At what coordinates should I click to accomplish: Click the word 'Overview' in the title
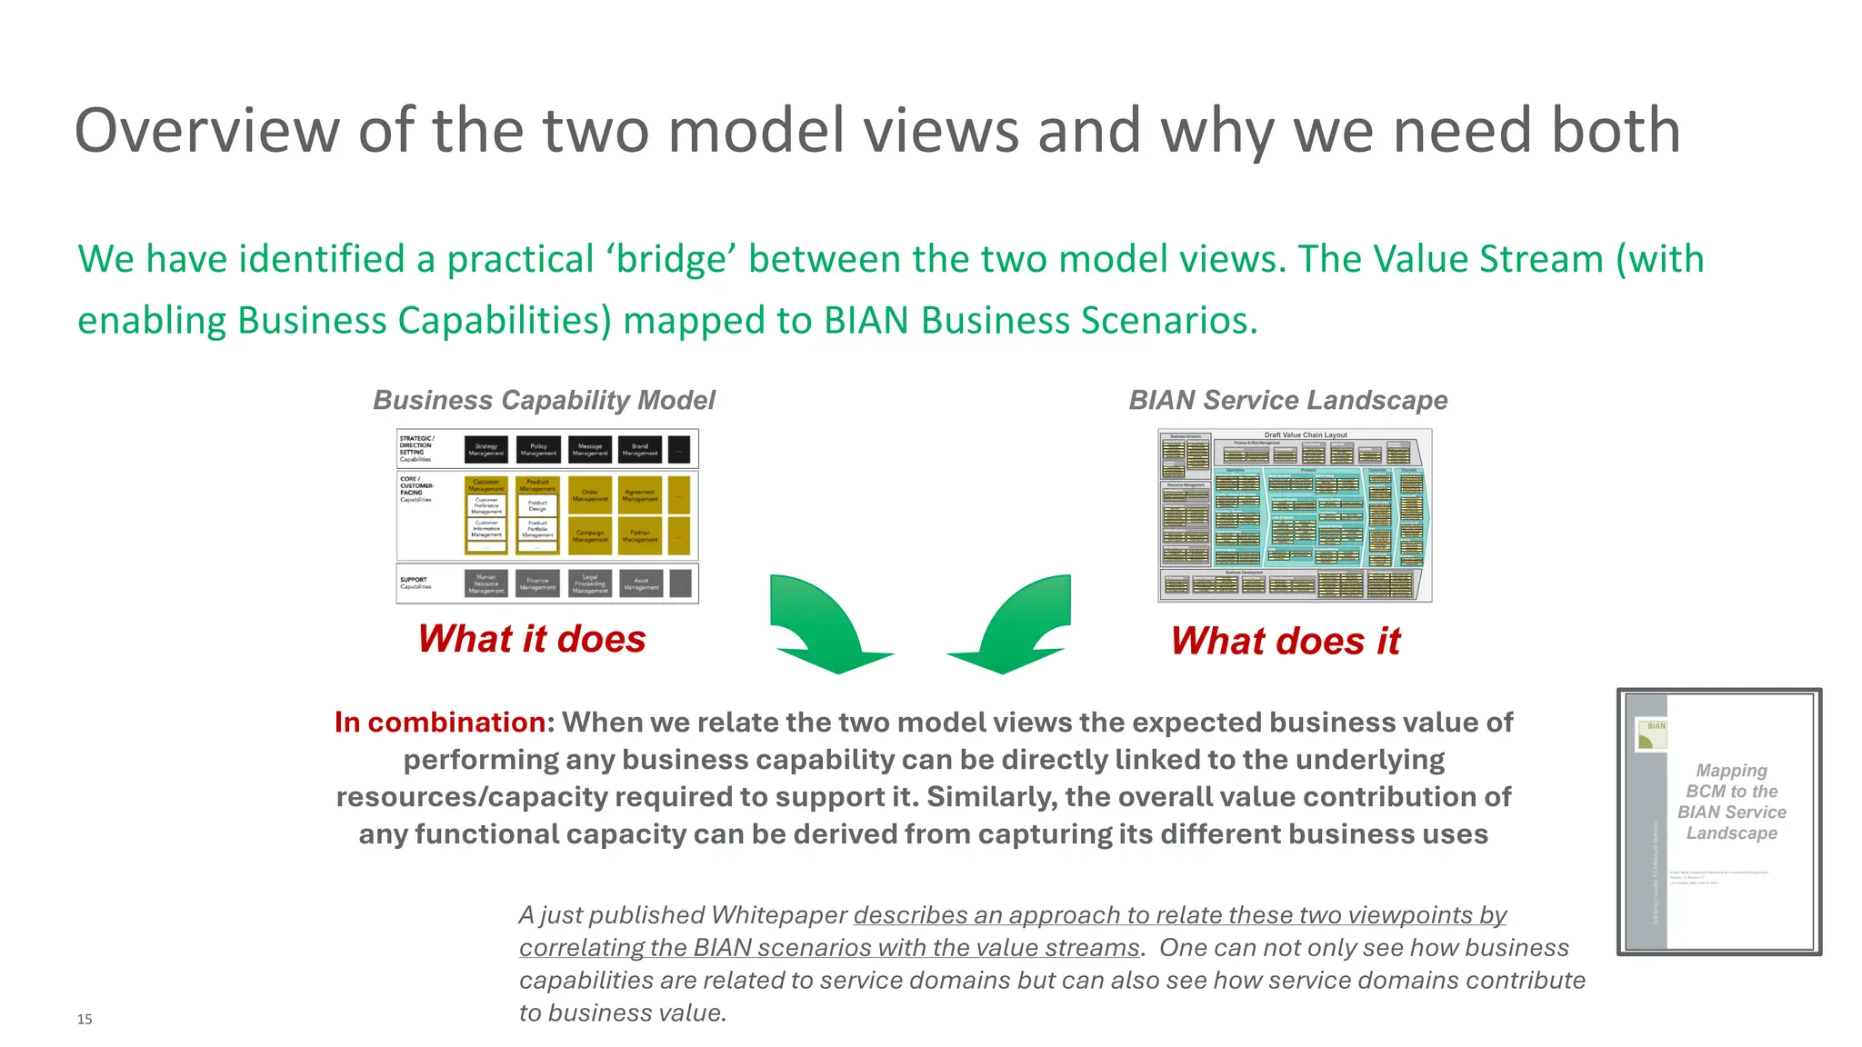206,130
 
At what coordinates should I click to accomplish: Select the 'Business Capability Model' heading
544,400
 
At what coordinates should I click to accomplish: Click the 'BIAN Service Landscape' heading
1287,400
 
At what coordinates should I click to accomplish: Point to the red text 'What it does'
532,639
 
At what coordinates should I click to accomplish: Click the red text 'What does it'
1285,641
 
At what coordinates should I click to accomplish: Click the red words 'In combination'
439,722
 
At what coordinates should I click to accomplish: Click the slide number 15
85,1019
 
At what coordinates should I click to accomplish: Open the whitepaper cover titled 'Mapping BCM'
1718,822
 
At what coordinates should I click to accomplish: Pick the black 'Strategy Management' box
486,449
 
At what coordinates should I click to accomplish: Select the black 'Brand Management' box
640,449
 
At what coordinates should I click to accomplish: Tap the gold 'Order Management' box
590,495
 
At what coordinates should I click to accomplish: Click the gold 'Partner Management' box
640,536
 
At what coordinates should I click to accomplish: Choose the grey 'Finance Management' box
537,583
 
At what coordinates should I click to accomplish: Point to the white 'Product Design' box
537,505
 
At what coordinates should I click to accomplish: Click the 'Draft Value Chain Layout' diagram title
1306,435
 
